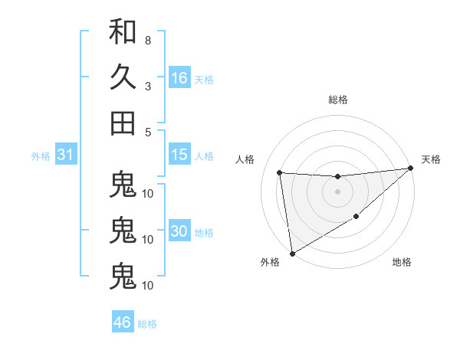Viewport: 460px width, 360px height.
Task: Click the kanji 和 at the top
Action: [x=123, y=33]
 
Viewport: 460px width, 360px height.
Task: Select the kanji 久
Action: [x=123, y=77]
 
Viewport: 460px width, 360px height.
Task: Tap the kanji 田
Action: [x=123, y=123]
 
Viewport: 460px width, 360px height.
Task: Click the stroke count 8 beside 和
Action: [x=147, y=40]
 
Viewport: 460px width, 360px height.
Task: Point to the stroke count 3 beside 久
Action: [x=147, y=85]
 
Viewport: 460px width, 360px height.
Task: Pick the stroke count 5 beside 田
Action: [x=147, y=132]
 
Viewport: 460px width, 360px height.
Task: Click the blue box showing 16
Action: [x=179, y=78]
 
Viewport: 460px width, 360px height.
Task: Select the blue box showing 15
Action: [x=179, y=155]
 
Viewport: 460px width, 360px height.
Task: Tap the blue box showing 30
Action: [x=179, y=232]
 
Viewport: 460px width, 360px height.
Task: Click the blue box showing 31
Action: [x=65, y=155]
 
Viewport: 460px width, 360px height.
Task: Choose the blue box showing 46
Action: [x=123, y=322]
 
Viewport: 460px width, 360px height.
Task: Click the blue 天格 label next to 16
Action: [x=204, y=79]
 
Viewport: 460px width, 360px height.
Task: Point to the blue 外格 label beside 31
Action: [x=41, y=156]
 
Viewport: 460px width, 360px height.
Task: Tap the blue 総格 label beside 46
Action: [x=147, y=323]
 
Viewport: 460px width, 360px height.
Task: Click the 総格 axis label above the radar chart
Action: [x=337, y=100]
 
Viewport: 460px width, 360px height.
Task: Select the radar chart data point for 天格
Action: [x=410, y=169]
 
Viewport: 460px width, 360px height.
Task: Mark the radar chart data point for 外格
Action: [x=292, y=253]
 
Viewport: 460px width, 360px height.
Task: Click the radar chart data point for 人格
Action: [x=280, y=172]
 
